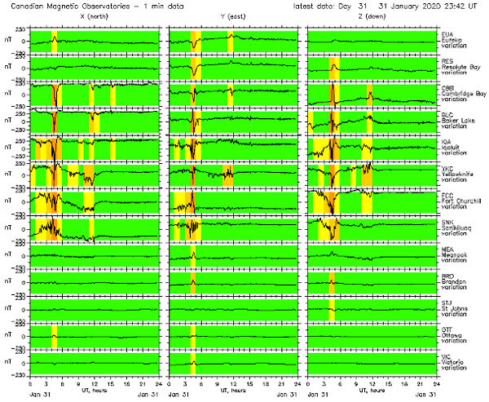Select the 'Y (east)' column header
coord(232,18)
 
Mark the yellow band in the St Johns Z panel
coord(332,309)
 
